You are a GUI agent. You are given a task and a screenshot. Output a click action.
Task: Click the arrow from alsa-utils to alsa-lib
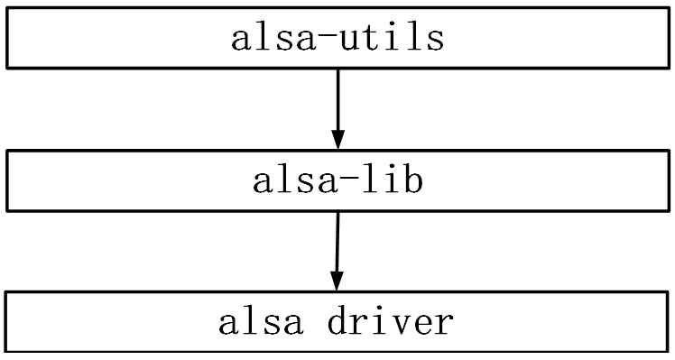[x=337, y=104]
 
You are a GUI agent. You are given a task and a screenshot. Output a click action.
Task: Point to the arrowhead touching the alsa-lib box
[x=337, y=139]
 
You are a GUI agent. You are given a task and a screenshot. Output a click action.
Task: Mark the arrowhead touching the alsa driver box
[x=336, y=281]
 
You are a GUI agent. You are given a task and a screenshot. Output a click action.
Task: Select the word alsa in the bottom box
[x=260, y=322]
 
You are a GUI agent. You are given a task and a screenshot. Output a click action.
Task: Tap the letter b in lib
[x=413, y=181]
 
